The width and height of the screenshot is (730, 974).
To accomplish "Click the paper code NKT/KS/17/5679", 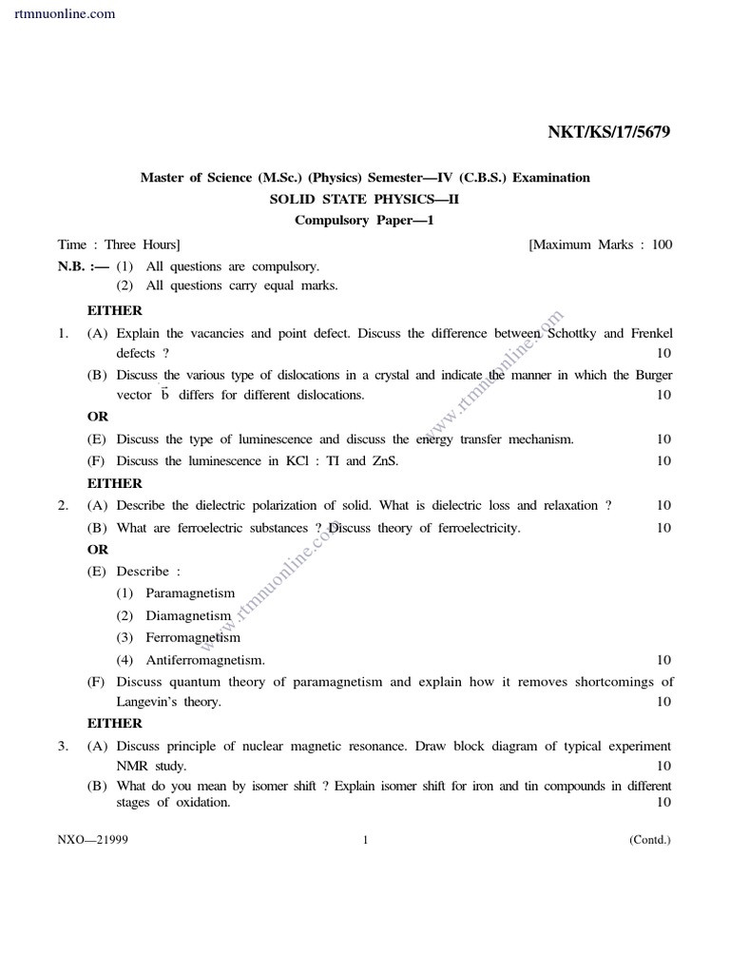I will point(608,132).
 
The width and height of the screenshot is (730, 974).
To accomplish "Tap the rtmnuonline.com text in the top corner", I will point(66,13).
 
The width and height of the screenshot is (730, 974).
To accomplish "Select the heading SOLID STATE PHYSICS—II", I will point(365,199).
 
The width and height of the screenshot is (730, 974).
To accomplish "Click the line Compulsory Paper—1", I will point(365,221).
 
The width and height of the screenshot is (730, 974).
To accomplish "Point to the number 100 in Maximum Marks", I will point(662,244).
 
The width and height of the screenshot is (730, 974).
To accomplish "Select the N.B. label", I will point(74,267).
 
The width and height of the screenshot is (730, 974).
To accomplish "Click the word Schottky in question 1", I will point(572,334).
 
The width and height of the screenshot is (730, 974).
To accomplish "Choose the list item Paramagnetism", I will point(190,594).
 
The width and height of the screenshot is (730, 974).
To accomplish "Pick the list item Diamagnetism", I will point(188,615).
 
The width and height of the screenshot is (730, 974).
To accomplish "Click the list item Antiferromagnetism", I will point(204,660).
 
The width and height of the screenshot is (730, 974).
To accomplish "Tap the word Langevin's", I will point(148,702).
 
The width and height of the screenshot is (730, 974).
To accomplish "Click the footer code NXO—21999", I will point(92,840).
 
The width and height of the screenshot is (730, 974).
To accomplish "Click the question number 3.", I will point(62,747).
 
